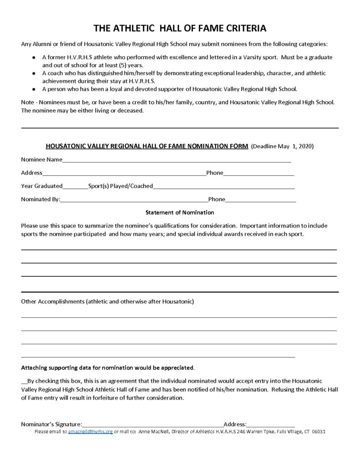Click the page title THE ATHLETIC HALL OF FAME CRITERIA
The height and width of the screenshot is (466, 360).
[x=180, y=28]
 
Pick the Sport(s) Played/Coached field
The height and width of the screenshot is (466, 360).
[x=223, y=187]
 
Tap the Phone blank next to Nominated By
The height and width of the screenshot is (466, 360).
[x=260, y=200]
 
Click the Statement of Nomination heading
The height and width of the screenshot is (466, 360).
[x=180, y=213]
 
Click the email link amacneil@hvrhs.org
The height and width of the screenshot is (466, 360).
[x=90, y=431]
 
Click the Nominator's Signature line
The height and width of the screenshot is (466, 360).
[x=152, y=425]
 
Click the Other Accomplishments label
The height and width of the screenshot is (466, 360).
[x=107, y=302]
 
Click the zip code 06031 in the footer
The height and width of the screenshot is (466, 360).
[x=317, y=431]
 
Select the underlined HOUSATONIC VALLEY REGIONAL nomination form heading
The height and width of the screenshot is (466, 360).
[x=147, y=147]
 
